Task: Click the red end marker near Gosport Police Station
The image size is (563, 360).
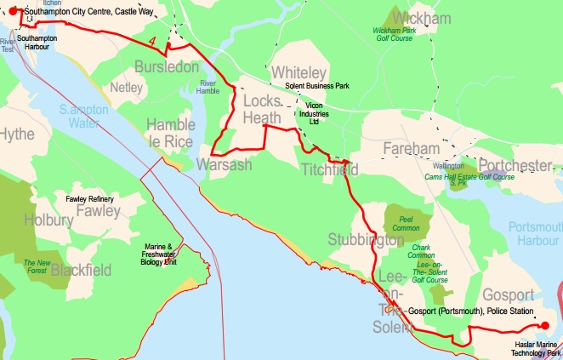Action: click(544, 324)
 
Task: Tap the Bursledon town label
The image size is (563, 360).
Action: click(167, 66)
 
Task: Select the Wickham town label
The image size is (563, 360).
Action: click(416, 18)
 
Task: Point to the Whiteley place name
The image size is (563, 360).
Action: click(299, 74)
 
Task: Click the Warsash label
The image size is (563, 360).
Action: click(225, 164)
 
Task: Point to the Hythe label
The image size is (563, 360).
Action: click(17, 134)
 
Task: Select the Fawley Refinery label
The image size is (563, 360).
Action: click(89, 198)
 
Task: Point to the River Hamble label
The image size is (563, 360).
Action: click(208, 87)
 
